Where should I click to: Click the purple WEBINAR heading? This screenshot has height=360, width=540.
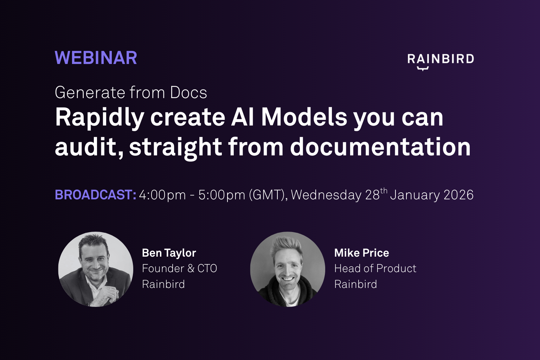click(96, 58)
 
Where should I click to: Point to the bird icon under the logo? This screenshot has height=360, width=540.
click(423, 68)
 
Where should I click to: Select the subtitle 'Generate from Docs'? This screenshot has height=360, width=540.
click(131, 93)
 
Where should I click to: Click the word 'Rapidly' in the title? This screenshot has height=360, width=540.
click(99, 118)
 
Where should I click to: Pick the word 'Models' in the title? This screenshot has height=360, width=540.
click(304, 117)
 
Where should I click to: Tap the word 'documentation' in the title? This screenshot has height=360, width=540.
click(380, 147)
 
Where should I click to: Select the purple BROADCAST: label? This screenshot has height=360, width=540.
click(96, 194)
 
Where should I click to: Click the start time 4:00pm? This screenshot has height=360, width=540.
click(162, 195)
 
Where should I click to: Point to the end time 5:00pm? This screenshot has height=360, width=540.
click(222, 195)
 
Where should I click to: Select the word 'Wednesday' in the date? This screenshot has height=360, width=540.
click(326, 195)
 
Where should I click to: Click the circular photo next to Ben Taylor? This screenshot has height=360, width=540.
click(96, 269)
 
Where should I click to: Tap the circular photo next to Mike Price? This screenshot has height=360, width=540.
click(288, 269)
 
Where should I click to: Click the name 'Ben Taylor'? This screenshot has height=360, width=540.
click(169, 253)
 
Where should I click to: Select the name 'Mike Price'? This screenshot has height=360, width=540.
click(362, 253)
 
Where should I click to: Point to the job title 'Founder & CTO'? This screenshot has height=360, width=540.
click(180, 268)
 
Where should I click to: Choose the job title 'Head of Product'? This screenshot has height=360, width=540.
click(375, 268)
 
